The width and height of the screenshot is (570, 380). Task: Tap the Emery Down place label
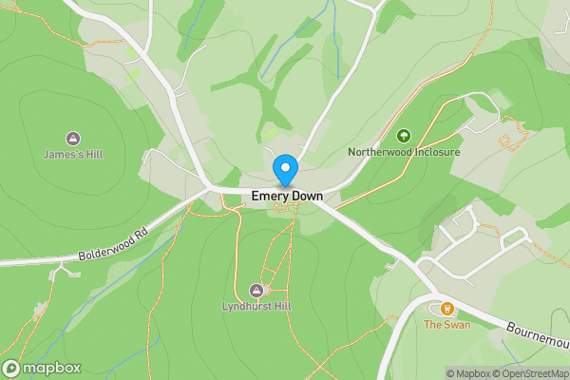click(287, 197)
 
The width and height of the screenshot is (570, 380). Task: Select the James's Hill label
click(72, 154)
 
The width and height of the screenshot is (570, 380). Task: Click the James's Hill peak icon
click(73, 139)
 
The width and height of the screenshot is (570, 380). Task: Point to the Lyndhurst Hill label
click(256, 306)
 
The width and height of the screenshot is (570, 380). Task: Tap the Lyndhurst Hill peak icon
click(256, 290)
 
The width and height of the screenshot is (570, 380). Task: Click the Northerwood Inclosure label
click(404, 152)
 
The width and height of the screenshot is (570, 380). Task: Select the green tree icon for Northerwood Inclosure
click(403, 136)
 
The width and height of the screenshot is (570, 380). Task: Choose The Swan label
click(446, 325)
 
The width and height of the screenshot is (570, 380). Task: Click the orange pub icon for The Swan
click(446, 309)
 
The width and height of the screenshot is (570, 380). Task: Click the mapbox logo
click(42, 369)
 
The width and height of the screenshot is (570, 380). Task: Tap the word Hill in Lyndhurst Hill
click(281, 306)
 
